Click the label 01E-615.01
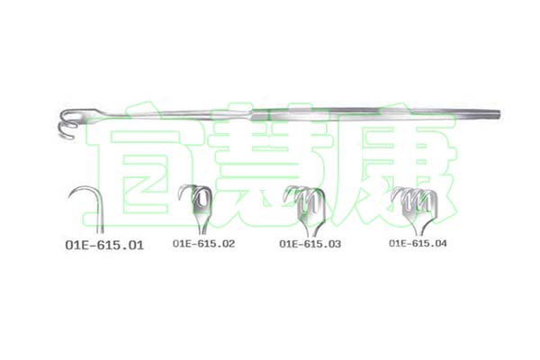pyautogui.click(x=104, y=245)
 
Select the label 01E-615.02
pyautogui.click(x=203, y=244)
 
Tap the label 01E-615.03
pyautogui.click(x=310, y=244)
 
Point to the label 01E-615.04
pyautogui.click(x=418, y=243)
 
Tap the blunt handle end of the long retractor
pyautogui.click(x=498, y=114)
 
